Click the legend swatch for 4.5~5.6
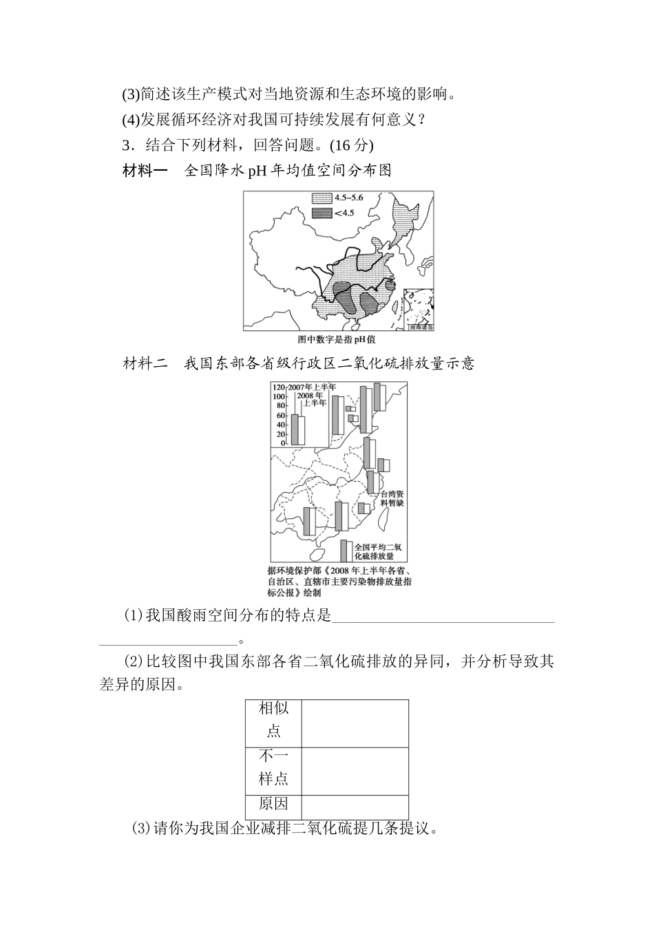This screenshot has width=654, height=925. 321,198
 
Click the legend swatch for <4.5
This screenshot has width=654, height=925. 321,213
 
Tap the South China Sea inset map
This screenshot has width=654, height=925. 419,308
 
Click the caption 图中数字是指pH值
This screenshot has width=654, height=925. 337,339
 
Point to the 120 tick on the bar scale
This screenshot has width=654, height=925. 279,387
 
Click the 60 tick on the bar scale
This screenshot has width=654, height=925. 281,416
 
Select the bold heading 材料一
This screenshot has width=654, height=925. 145,171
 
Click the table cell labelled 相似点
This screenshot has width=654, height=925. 273,719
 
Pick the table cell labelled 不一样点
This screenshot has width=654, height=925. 273,768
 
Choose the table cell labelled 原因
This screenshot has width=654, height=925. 273,805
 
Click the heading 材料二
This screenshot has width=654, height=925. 145,363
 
